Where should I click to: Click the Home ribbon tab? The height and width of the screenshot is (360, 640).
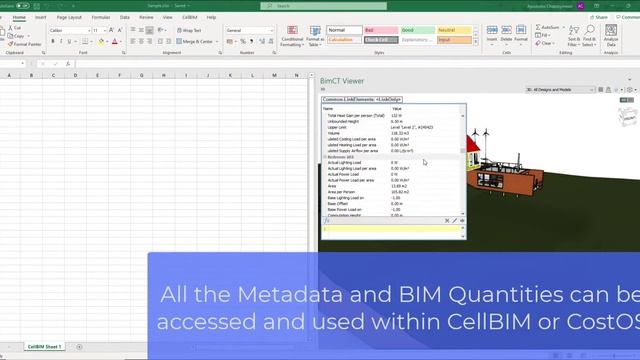(19, 17)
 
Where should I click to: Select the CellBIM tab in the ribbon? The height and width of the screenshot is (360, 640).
(187, 17)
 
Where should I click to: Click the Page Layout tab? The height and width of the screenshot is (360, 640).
(69, 17)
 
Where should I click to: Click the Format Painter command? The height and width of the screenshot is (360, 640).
(27, 45)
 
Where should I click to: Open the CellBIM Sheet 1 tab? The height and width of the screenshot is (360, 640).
(44, 346)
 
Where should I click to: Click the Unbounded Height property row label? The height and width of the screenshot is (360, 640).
(349, 121)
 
